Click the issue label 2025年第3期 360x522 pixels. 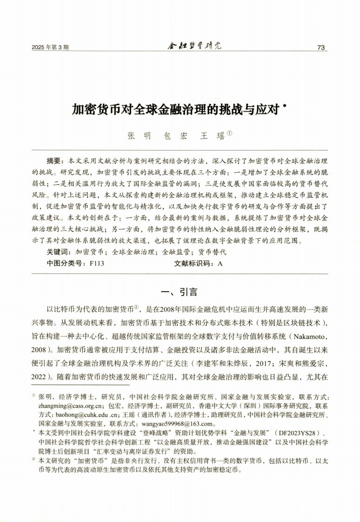pos(51,47)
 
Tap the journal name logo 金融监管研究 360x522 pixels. pos(194,46)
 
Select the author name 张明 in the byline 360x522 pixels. pos(139,136)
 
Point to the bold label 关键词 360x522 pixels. pos(57,252)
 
